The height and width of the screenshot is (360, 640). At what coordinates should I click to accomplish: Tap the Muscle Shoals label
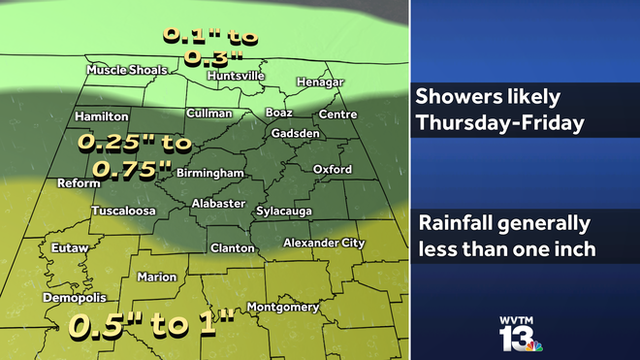[127, 70]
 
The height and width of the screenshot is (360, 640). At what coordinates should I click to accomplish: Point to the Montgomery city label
[283, 308]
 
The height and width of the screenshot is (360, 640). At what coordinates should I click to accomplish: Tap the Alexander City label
[324, 243]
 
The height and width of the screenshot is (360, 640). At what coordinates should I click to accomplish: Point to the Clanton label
[233, 248]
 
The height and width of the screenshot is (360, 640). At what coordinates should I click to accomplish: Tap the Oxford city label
[333, 170]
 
